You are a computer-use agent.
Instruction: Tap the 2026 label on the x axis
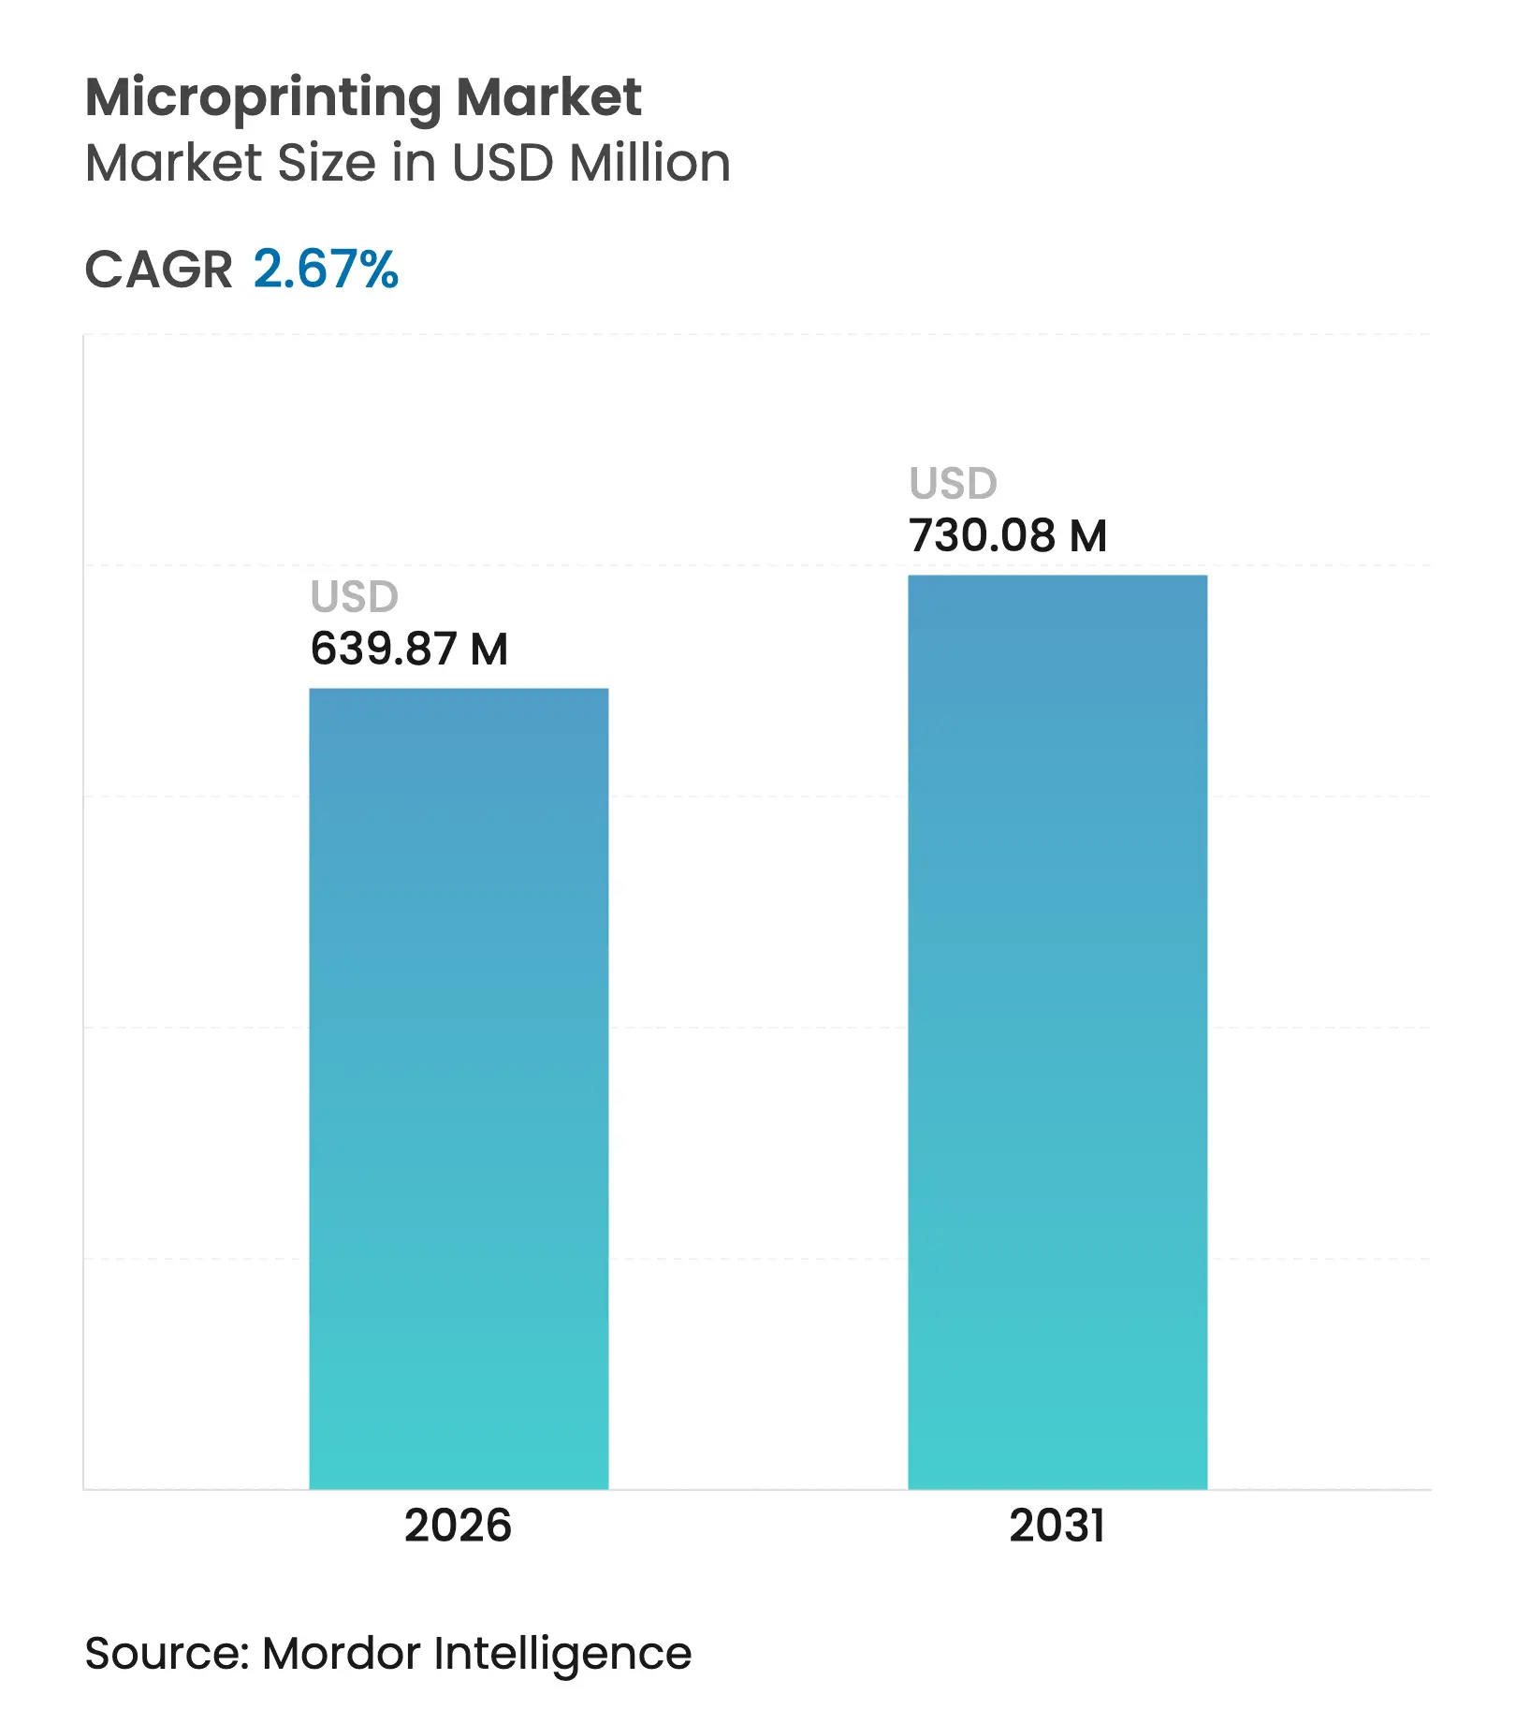tap(458, 1526)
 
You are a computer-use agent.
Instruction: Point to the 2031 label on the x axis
tap(1057, 1526)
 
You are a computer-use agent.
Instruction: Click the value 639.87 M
tap(409, 649)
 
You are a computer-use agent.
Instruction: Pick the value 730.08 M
tap(1008, 536)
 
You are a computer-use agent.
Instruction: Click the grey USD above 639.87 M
tap(355, 597)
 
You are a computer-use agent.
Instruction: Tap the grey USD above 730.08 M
tap(954, 484)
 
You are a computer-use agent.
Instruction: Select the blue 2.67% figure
tap(326, 270)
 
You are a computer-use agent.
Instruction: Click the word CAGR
tap(158, 270)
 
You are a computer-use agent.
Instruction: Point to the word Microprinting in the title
tap(263, 98)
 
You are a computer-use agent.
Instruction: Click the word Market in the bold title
tap(548, 96)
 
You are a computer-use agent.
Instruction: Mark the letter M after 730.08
tap(1088, 536)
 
